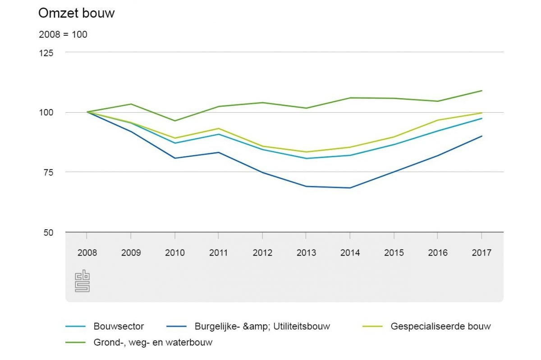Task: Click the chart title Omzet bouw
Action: (76, 14)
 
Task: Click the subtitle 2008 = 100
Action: (63, 34)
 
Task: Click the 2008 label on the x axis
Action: (87, 253)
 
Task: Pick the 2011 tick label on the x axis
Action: (219, 253)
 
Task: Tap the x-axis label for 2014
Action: (350, 253)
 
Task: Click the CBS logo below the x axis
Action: (82, 281)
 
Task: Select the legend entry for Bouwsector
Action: (119, 326)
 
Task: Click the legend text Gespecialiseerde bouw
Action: (440, 326)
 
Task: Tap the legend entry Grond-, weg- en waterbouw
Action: (153, 342)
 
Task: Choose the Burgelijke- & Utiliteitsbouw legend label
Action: (262, 326)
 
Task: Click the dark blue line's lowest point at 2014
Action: (350, 188)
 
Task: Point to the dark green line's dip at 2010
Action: (175, 121)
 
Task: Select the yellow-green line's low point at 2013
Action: (307, 152)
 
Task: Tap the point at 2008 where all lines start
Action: (87, 112)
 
